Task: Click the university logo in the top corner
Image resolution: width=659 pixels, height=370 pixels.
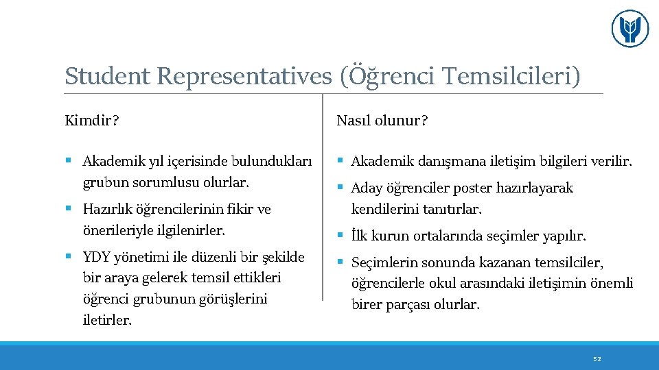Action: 629,29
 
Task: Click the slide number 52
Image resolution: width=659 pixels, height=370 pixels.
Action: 597,358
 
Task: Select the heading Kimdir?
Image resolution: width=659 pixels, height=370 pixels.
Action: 92,121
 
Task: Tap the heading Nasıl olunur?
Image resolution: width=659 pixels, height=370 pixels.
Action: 382,121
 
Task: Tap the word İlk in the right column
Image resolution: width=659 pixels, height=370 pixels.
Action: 360,236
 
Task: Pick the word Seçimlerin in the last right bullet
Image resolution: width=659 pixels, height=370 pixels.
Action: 385,262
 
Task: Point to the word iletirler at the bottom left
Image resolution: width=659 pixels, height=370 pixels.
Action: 107,320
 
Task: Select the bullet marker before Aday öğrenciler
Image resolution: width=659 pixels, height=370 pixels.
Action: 340,188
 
